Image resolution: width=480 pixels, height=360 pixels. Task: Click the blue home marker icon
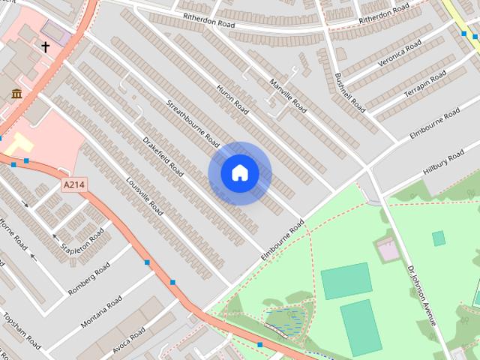click(239, 173)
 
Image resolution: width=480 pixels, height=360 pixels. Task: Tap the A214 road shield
click(74, 184)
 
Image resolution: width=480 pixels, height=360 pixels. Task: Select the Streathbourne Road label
click(192, 124)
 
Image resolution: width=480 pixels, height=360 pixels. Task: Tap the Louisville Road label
click(144, 196)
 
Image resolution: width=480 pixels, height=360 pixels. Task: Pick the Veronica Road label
click(400, 55)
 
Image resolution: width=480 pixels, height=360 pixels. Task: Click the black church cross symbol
click(45, 47)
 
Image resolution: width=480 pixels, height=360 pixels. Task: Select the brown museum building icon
click(16, 93)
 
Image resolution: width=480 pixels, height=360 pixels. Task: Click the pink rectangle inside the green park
click(388, 249)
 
